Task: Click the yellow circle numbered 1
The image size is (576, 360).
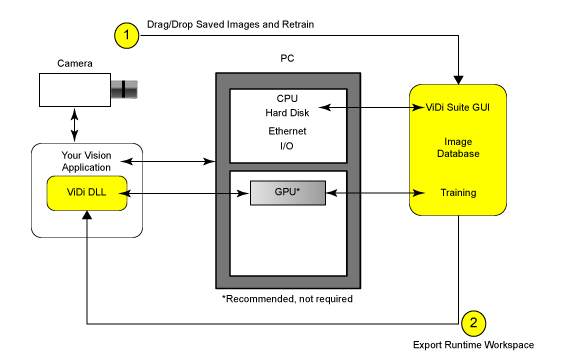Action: (x=127, y=35)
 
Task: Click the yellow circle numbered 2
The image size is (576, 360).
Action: (x=474, y=323)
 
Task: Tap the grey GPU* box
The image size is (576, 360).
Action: (x=288, y=192)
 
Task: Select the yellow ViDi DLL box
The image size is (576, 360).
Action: (x=87, y=193)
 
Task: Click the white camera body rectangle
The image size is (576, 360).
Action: (x=75, y=90)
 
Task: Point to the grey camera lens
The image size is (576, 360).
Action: (x=124, y=89)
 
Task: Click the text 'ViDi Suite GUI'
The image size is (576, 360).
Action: (x=458, y=107)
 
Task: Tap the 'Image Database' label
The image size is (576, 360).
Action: (x=458, y=148)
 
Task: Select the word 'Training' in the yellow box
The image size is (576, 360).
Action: (x=458, y=192)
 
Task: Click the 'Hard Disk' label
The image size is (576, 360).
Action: (x=287, y=113)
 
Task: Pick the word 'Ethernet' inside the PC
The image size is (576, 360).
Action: (x=287, y=131)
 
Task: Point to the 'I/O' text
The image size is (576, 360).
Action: (x=287, y=146)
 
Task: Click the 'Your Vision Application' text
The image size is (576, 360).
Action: (x=86, y=161)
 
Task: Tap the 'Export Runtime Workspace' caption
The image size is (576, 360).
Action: (x=474, y=345)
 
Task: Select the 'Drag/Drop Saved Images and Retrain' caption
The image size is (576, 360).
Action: (x=230, y=24)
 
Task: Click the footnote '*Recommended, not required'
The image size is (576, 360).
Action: (x=287, y=299)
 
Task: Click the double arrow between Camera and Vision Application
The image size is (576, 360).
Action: (x=75, y=125)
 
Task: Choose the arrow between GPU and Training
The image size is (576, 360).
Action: (x=375, y=192)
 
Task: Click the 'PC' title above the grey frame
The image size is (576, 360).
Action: (x=287, y=58)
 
